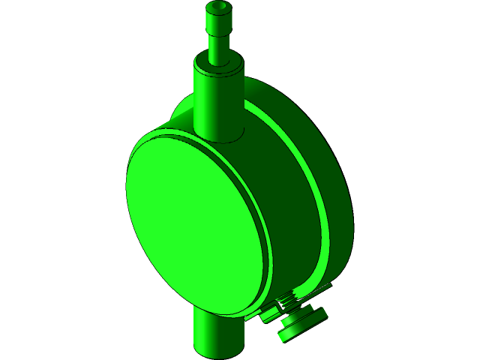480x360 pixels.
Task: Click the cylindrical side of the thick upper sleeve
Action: click(x=217, y=105)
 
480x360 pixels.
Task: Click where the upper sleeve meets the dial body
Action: click(x=219, y=138)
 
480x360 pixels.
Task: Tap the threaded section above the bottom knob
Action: click(x=289, y=304)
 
